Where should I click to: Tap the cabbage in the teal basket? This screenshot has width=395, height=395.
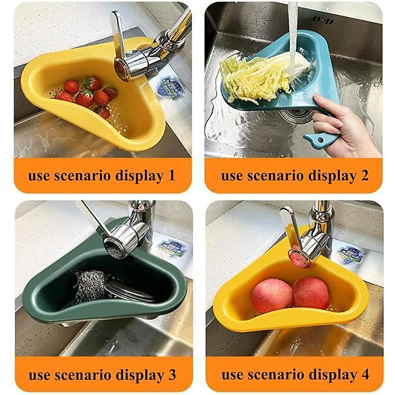[x=260, y=77]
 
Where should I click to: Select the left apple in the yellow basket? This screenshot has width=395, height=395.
[x=272, y=296]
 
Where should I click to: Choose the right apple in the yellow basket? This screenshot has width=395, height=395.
[x=310, y=293]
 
